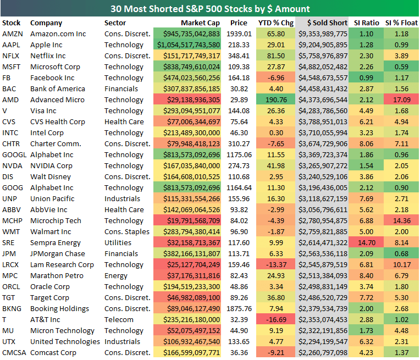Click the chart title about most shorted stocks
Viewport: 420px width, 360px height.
[x=210, y=9]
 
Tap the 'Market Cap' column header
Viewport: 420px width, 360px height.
[x=200, y=23]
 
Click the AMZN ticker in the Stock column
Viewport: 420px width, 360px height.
[x=12, y=34]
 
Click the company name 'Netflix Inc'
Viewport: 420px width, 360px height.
[x=48, y=56]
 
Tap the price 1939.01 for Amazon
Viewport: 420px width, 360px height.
[x=238, y=34]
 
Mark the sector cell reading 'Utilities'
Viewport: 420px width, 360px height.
[x=118, y=243]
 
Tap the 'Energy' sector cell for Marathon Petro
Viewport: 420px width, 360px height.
[x=116, y=276]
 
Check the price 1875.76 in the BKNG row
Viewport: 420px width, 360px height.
[x=238, y=309]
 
